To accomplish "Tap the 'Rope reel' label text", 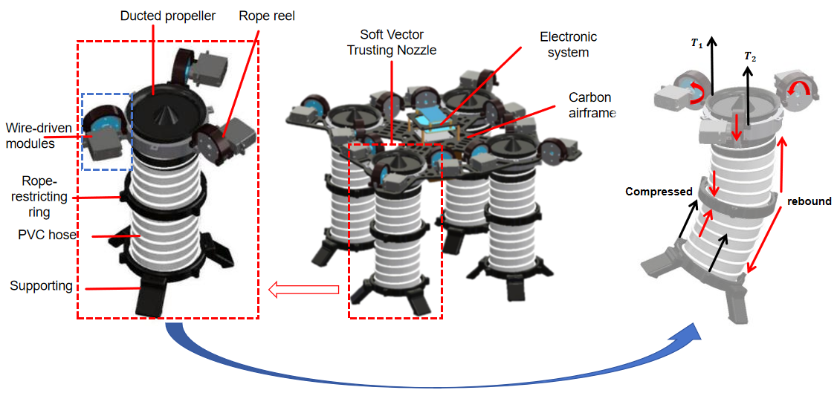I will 268,16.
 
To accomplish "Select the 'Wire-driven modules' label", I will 39,136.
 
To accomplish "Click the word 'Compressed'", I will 659,192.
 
